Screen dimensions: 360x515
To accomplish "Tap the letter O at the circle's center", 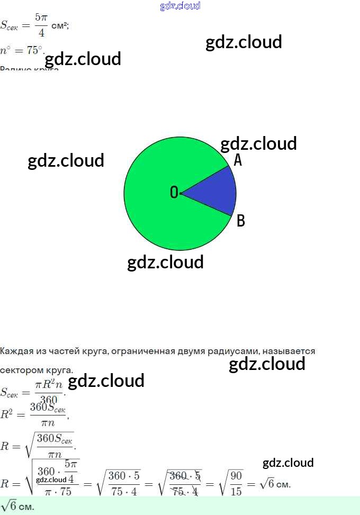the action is pyautogui.click(x=174, y=193).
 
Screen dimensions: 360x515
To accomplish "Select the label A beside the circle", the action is pyautogui.click(x=238, y=160).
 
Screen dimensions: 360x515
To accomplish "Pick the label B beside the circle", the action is pyautogui.click(x=240, y=221).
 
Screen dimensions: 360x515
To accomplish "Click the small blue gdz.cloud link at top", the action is pyautogui.click(x=180, y=6).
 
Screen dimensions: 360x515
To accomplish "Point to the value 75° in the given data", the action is pyautogui.click(x=34, y=51).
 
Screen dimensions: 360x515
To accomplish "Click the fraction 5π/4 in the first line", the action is pyautogui.click(x=41, y=25).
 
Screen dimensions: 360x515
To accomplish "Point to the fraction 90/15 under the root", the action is pyautogui.click(x=236, y=484).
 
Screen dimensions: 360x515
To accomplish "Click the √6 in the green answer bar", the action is pyautogui.click(x=9, y=507).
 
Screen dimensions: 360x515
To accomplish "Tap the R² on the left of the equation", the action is pyautogui.click(x=7, y=414).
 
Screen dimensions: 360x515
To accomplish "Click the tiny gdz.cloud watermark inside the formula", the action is pyautogui.click(x=51, y=480).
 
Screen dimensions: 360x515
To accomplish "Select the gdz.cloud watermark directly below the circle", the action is pyautogui.click(x=165, y=262).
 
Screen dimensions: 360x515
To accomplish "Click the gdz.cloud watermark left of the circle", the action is pyautogui.click(x=66, y=160).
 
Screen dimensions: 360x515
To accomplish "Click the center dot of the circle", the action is pyautogui.click(x=181, y=194).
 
